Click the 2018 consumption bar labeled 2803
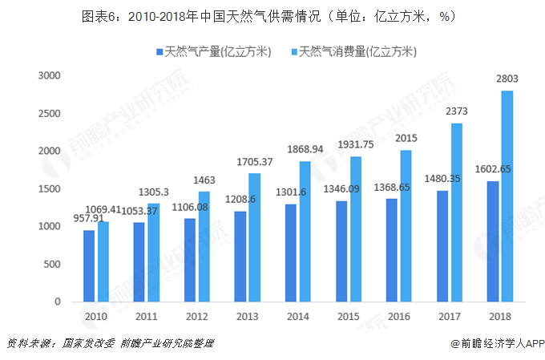tap(507, 196)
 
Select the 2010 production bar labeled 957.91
tap(89, 266)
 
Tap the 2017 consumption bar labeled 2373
tap(457, 212)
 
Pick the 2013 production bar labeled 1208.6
tap(240, 257)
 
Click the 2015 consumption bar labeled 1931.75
tap(356, 229)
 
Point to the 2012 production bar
tap(190, 261)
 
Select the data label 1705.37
tap(255, 162)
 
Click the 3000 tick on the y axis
tap(50, 75)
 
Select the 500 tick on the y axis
tap(53, 265)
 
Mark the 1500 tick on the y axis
tap(50, 189)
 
